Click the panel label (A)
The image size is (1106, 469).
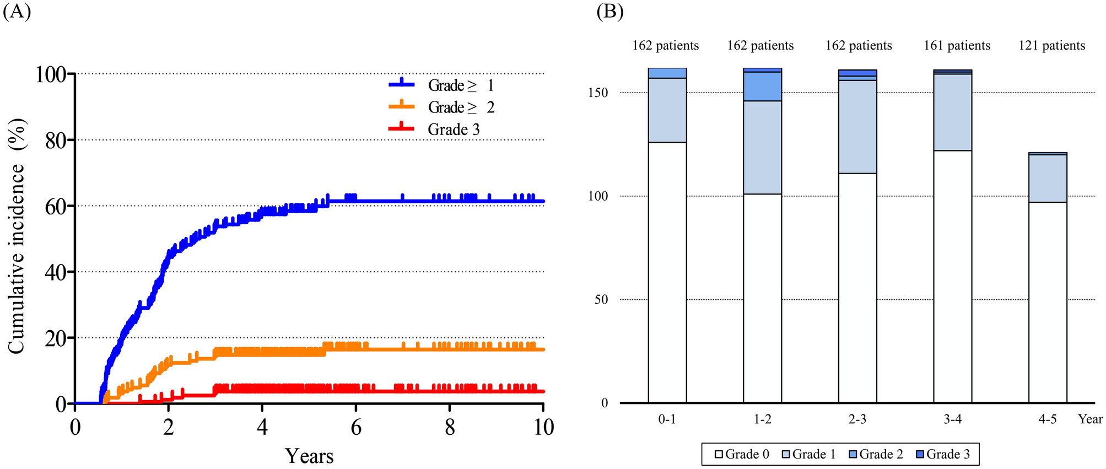tap(17, 12)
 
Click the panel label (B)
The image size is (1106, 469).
tap(610, 12)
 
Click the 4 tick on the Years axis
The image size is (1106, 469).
tap(262, 427)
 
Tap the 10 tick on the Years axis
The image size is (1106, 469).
tap(543, 427)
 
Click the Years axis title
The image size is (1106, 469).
tap(309, 456)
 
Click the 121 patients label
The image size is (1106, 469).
tap(1051, 46)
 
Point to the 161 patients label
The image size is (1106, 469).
tap(957, 46)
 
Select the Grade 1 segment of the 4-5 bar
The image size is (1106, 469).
tap(1048, 178)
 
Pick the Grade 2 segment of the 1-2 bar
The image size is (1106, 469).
tap(762, 87)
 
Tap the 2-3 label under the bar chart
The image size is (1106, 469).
tap(857, 420)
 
